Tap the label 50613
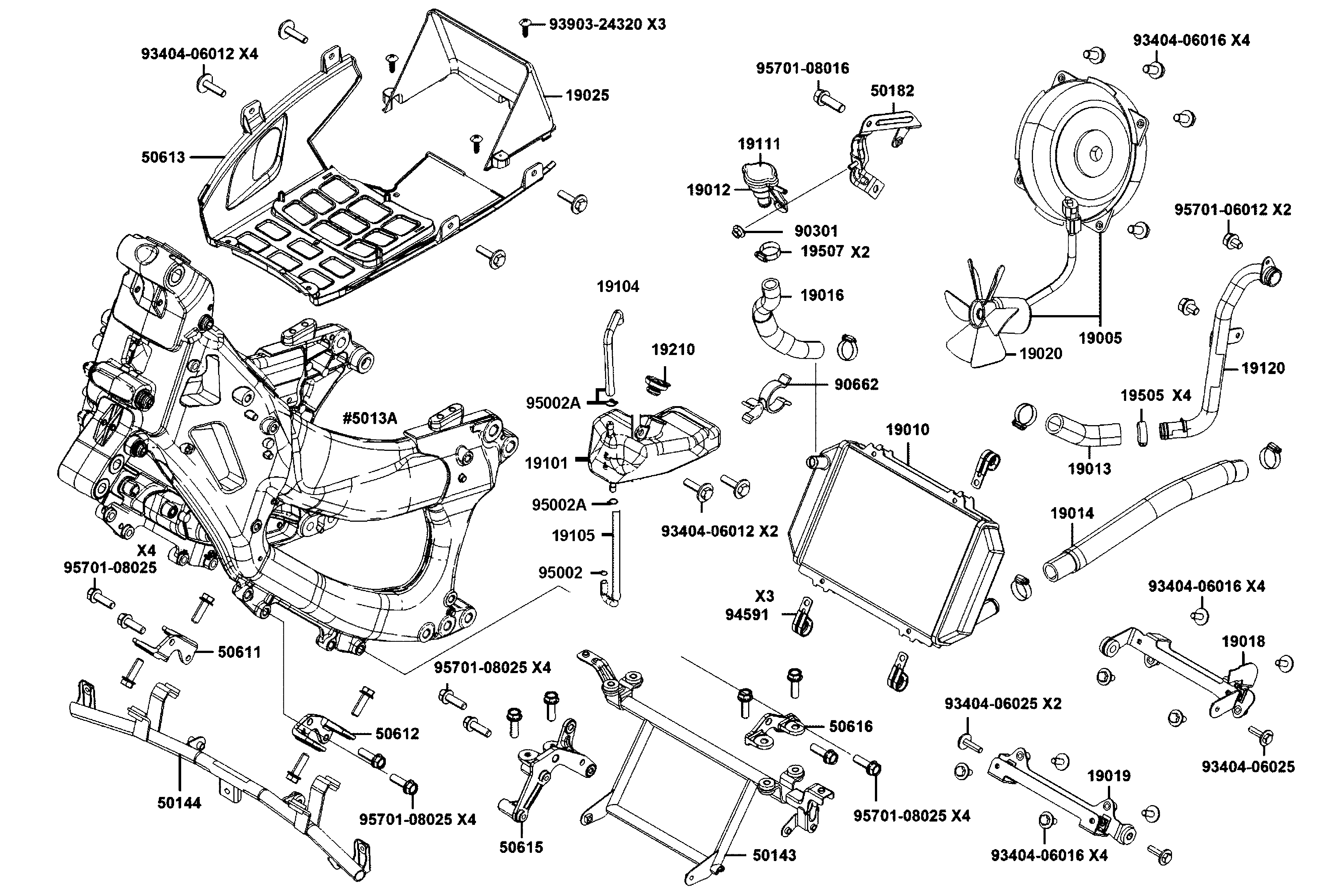[x=163, y=157]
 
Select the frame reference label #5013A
[x=370, y=418]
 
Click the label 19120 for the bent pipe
[x=1263, y=368]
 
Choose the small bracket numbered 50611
[x=166, y=645]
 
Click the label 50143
[x=774, y=855]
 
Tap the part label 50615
[x=521, y=847]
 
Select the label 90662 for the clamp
[x=856, y=384]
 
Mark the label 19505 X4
[x=1155, y=396]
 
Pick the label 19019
[x=1108, y=776]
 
